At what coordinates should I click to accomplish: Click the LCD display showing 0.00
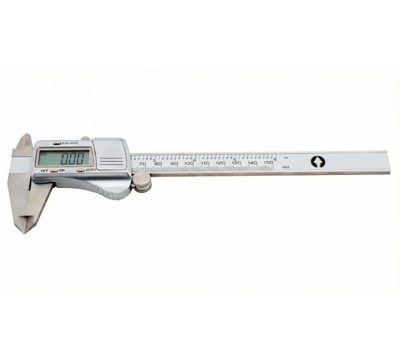pos(64,157)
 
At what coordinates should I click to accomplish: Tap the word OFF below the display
pos(44,171)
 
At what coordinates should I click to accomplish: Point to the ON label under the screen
pos(61,171)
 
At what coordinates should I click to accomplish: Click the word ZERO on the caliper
pos(90,170)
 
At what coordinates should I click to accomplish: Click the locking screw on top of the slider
pos(85,138)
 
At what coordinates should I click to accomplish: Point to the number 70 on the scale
pos(142,164)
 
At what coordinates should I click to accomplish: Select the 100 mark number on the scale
pos(189,164)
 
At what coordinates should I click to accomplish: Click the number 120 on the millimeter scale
pos(220,164)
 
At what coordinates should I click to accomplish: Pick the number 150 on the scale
pos(267,164)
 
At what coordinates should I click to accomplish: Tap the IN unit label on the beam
pos(286,156)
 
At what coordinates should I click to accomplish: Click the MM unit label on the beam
pos(286,167)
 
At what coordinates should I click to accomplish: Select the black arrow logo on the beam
pos(318,161)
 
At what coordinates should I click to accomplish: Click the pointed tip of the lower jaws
pos(23,230)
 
